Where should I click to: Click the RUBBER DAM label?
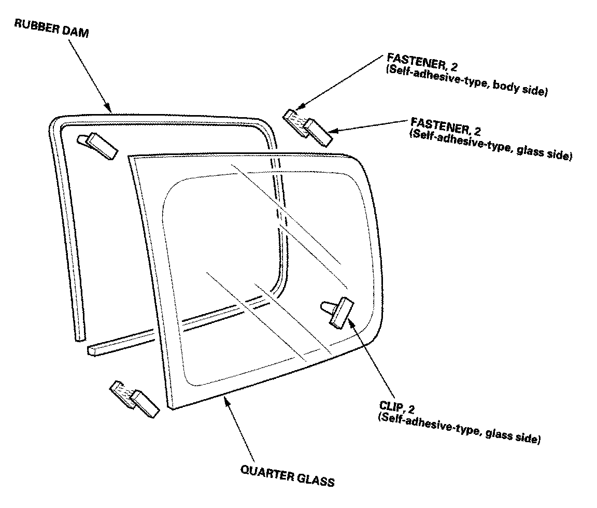coord(51,28)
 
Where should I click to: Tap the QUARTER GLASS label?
coord(288,476)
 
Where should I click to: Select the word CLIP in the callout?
coord(391,406)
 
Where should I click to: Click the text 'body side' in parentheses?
coord(520,89)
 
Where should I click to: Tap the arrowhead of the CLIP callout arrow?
coord(351,323)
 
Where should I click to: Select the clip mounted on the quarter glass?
coord(337,311)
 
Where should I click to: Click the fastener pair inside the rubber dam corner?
coord(97,146)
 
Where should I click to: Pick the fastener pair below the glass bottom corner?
coord(134,399)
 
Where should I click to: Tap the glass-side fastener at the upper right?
coord(319,132)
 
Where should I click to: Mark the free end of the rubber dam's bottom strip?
coord(91,350)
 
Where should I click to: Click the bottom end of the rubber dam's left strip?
coord(80,338)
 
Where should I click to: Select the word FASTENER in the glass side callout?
coord(440,125)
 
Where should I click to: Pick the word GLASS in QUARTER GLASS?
coord(315,480)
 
